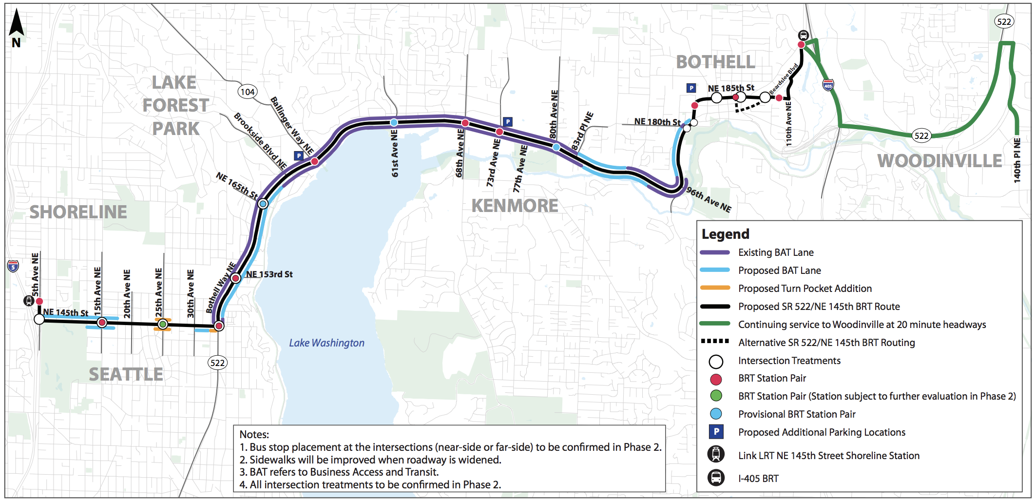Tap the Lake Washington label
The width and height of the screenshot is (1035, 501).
326,343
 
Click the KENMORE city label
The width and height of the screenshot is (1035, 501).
515,206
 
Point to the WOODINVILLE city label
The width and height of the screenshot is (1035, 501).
939,161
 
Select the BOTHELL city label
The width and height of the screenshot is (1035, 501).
715,62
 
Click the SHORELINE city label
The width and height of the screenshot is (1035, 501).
78,212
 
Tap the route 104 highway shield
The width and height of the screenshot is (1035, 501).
248,92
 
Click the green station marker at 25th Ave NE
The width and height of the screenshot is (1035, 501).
163,324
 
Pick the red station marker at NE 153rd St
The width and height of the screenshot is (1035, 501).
236,278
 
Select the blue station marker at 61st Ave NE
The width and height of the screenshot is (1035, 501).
394,122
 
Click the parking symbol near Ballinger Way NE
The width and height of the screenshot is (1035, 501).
299,156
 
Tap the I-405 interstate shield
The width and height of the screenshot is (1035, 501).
828,85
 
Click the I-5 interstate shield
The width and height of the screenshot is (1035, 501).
13,266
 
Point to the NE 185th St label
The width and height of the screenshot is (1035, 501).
731,88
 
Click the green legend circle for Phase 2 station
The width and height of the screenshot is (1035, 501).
716,396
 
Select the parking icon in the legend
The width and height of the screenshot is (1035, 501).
716,432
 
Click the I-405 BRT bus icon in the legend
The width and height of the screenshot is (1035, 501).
716,478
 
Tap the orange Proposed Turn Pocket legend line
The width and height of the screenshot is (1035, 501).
715,288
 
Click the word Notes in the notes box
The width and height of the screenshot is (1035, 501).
254,434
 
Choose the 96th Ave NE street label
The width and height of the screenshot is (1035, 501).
709,200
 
